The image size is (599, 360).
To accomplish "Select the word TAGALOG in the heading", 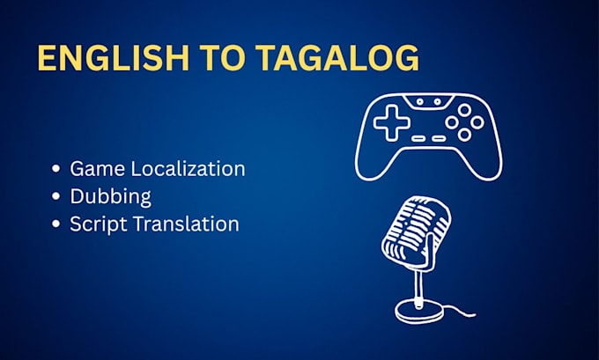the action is point(337,58).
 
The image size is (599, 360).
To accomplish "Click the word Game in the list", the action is point(98,169).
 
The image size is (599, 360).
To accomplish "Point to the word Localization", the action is point(188,168).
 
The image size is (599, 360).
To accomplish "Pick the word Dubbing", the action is point(110,196).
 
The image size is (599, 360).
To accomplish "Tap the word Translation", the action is point(186,224).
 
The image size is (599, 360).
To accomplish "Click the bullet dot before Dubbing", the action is point(56,196).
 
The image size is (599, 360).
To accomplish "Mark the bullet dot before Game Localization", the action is point(56,168).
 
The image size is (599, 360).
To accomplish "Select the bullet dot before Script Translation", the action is point(56,224).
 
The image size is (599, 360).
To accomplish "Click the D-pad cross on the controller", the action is point(392,122).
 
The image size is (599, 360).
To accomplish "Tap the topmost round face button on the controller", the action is point(464,111).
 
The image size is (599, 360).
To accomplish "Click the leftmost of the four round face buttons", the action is point(452,122).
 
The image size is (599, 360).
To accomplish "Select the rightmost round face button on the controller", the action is point(477,122).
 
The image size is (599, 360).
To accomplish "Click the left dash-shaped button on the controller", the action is point(418,138).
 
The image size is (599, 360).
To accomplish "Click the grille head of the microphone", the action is point(417,229).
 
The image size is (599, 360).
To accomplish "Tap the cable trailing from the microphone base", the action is point(460,311).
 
